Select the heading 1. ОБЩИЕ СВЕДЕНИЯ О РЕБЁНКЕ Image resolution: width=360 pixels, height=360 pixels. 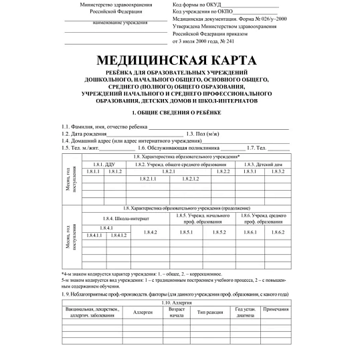point(180,112)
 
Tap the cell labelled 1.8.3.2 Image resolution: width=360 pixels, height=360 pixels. point(278,172)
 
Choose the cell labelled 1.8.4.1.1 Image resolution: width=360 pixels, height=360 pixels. point(94,235)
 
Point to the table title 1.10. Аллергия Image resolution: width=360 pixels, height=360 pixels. point(176,304)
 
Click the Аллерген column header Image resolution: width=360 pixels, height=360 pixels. point(143,312)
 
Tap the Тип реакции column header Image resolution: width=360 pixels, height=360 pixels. point(209,312)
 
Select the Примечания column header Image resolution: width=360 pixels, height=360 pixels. point(276,312)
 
